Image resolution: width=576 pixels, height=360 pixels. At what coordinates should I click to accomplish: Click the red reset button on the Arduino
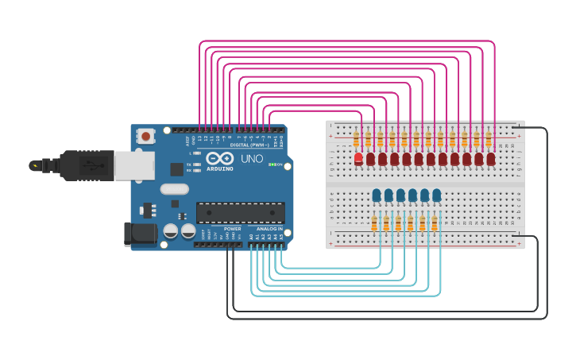145,136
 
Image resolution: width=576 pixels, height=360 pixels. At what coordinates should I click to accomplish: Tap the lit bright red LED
358,159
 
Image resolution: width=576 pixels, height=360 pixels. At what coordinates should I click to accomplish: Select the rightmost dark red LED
491,159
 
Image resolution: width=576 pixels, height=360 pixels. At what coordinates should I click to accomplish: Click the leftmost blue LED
377,195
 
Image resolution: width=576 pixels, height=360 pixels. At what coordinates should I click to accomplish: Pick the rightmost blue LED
437,195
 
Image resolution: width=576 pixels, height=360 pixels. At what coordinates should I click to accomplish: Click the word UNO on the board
252,159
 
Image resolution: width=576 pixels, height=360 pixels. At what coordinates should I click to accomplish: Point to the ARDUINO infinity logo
220,157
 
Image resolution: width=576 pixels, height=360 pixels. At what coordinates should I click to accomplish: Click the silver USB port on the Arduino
133,165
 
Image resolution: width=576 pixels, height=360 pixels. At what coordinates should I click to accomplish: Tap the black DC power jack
140,234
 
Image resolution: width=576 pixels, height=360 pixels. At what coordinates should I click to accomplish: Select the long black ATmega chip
241,212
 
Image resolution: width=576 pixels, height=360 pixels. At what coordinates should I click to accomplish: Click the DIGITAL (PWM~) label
248,146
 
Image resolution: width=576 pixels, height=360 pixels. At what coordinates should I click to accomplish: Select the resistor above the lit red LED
356,140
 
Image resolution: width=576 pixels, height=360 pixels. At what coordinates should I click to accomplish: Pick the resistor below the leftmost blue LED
374,223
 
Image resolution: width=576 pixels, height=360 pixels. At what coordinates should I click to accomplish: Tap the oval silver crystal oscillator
174,189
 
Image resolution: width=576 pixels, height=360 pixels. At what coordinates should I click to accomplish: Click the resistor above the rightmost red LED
489,140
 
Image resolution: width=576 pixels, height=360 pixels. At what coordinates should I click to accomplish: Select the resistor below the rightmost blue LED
435,223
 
